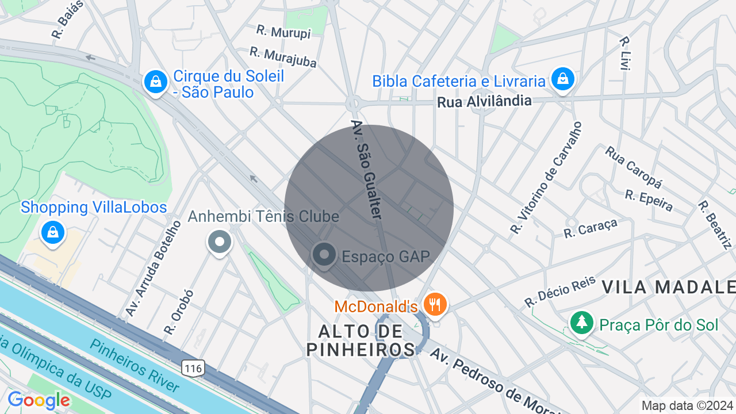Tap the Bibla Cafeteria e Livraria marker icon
[562, 79]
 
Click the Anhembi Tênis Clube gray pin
[219, 242]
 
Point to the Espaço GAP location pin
[324, 254]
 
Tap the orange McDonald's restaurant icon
[436, 303]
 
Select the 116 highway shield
[194, 368]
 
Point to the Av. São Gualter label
[366, 169]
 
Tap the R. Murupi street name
[283, 32]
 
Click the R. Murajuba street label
[283, 57]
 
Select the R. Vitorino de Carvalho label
[546, 177]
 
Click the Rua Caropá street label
[633, 167]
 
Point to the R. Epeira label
[649, 200]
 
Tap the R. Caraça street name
[591, 228]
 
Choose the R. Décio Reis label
[559, 292]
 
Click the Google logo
[39, 400]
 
